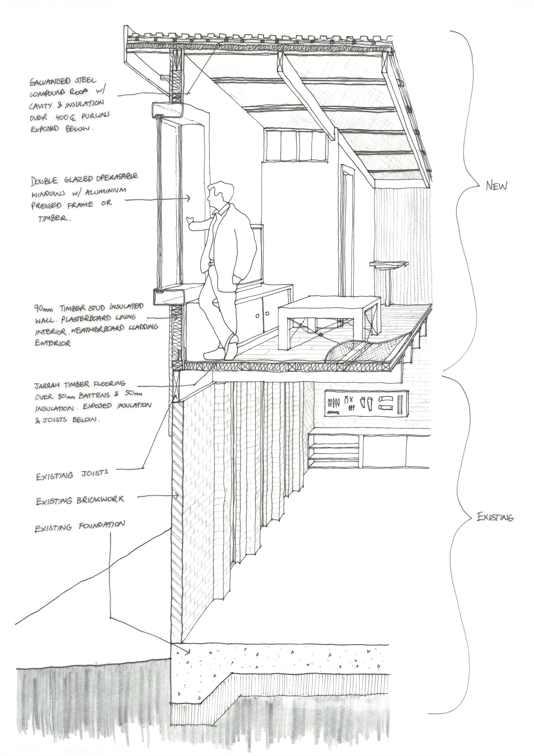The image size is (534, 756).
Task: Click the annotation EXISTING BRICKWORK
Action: [80, 501]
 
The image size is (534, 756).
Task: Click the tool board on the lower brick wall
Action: [366, 403]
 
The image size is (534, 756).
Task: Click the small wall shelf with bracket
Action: [388, 264]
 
